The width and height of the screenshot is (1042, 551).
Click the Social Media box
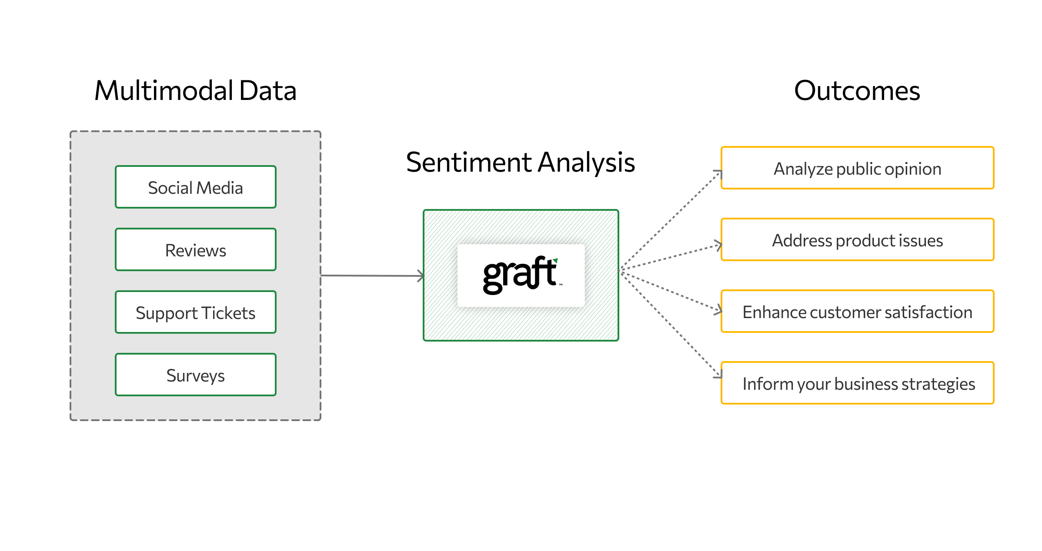(x=195, y=187)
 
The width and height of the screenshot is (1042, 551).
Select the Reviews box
(x=195, y=249)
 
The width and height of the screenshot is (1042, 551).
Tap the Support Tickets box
(x=195, y=312)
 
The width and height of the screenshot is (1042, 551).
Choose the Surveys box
(x=195, y=375)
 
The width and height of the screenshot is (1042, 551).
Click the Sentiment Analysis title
(x=520, y=162)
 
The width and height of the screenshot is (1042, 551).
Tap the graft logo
(x=521, y=275)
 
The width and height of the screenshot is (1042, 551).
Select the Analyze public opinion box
(x=857, y=168)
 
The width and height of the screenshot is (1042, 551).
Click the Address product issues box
(x=857, y=240)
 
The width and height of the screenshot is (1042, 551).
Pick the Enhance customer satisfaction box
(x=857, y=312)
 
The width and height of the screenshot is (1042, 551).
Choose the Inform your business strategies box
(x=857, y=383)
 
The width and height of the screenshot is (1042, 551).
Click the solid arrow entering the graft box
(x=372, y=275)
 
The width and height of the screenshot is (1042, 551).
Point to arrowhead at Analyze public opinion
(x=719, y=173)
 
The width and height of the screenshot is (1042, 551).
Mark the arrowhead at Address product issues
(x=719, y=245)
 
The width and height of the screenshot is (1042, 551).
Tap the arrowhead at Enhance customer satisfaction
(x=719, y=310)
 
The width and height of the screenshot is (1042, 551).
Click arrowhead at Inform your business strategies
(x=719, y=375)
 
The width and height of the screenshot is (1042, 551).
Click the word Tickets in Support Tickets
(x=228, y=313)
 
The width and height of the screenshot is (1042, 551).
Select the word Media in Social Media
(x=220, y=188)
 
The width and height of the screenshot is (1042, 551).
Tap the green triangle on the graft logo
(x=555, y=261)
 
